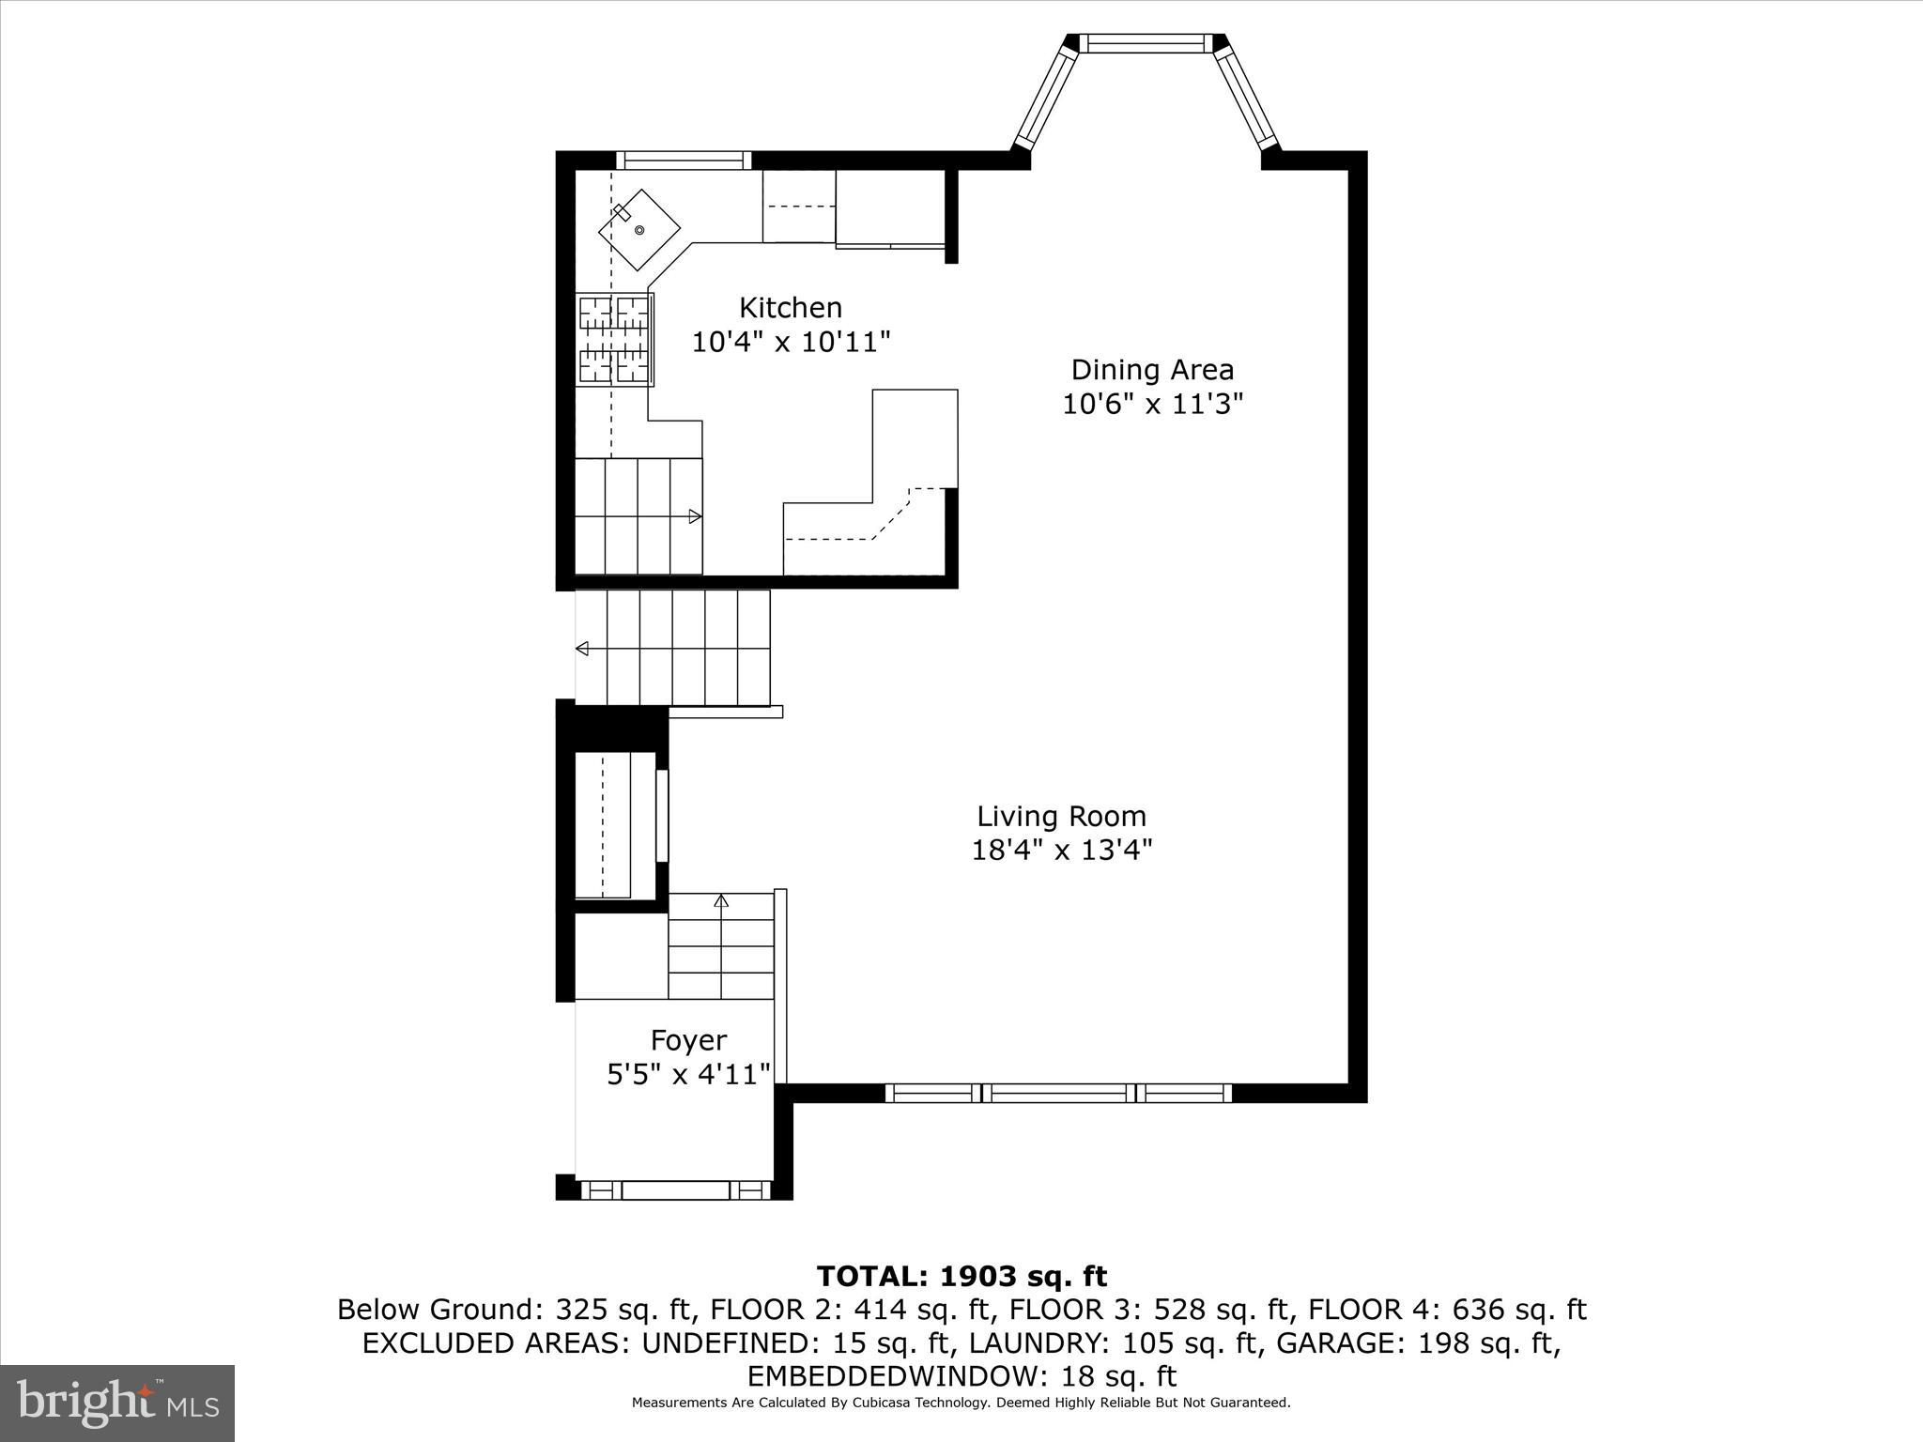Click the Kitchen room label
790,308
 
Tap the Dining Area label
1152,370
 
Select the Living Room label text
1061,816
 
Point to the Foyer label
688,1040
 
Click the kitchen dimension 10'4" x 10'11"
790,342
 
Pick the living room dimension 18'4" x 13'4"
1061,850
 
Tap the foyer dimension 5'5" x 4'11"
688,1074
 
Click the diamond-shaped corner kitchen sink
639,230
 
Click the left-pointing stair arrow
583,649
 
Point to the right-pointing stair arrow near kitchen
695,516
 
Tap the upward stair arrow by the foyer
721,901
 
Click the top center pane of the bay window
1145,43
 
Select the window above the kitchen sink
684,161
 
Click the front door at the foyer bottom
675,1190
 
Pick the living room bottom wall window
1058,1093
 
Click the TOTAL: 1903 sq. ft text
961,1277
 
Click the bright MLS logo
117,1403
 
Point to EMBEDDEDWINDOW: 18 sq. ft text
961,1377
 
